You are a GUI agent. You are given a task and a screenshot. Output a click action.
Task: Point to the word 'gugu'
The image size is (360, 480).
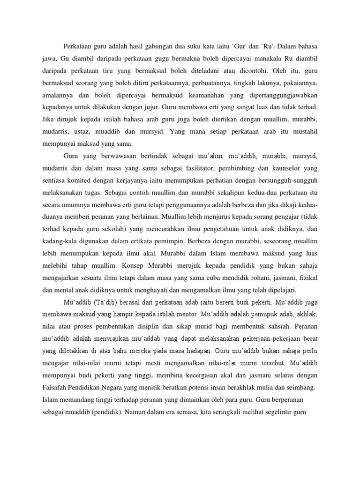tap(159, 59)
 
